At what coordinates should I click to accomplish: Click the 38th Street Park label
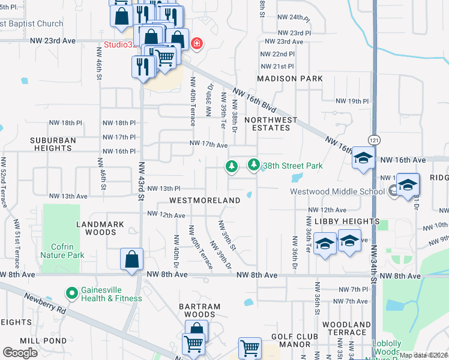(293, 166)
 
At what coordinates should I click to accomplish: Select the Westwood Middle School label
(337, 192)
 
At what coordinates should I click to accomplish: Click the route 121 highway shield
(373, 139)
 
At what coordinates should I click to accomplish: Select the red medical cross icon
(196, 44)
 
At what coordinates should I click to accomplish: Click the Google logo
(20, 352)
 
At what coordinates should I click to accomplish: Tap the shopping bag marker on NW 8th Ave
(132, 260)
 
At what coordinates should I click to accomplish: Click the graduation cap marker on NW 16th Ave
(363, 158)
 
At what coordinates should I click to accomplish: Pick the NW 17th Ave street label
(208, 144)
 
